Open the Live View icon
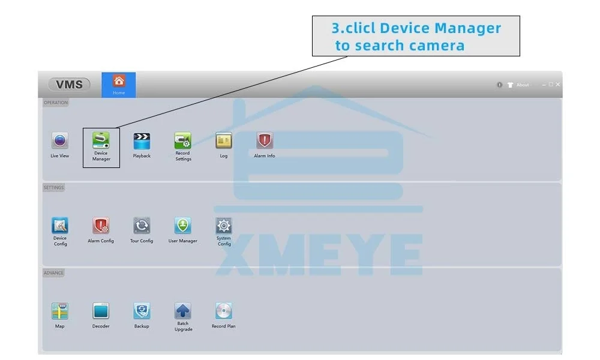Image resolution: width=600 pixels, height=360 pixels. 59,141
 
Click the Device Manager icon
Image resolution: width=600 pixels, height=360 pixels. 101,140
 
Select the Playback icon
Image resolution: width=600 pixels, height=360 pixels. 142,141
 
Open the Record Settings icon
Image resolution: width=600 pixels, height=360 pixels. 183,140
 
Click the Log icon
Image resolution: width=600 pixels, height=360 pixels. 224,141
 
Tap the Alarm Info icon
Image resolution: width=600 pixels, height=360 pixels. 265,141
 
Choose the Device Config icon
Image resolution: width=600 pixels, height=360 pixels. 60,226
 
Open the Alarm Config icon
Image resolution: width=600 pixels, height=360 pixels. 101,226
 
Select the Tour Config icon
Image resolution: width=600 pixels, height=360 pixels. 142,226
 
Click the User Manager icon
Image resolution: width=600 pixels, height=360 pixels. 183,226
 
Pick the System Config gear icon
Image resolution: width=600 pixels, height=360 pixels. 224,226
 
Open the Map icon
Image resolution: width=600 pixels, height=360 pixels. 60,311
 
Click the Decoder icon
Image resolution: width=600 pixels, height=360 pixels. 101,311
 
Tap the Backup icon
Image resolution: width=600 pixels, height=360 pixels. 142,311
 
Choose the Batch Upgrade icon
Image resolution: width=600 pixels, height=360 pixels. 183,311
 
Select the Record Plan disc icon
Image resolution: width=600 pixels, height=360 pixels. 224,311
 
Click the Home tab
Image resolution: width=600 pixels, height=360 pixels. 119,85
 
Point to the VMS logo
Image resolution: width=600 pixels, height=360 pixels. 70,85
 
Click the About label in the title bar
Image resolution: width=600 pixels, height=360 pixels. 523,85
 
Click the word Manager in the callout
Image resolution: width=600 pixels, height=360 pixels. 467,28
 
